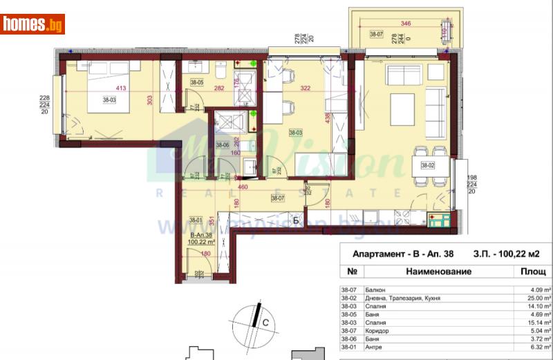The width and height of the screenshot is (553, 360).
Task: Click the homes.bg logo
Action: pyautogui.click(x=33, y=24)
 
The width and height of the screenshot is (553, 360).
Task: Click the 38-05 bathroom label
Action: pyautogui.click(x=196, y=82)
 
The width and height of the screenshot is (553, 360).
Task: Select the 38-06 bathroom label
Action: pyautogui.click(x=222, y=145)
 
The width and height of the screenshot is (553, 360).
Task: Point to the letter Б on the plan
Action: pyautogui.click(x=296, y=221)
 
